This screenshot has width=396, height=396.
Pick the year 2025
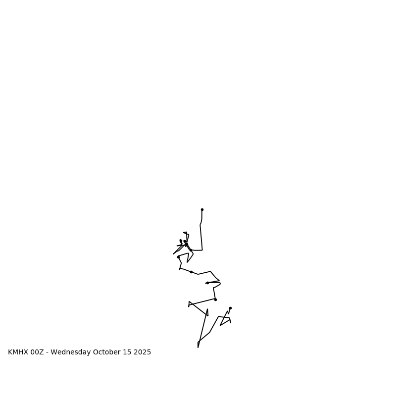coord(142,352)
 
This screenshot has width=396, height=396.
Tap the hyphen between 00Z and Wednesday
coord(48,352)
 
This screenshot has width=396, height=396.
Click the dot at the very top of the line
coord(202,209)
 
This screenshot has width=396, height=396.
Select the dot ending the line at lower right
coord(230,308)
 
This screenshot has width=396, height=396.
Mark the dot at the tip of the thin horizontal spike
coord(207,283)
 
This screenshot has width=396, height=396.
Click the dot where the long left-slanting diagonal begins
coord(215,299)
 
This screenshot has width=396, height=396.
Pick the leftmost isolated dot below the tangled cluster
coord(178,257)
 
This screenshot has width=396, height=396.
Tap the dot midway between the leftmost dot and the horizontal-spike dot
coord(191,272)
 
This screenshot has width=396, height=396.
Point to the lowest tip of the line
coord(198,347)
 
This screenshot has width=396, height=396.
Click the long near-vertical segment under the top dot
coord(201,238)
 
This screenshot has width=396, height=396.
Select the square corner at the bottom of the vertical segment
coord(202,250)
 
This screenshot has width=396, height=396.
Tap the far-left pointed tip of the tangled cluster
coord(173,254)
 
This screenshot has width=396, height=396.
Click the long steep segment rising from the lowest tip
coord(202,327)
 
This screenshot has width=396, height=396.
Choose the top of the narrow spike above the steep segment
coord(207,309)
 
